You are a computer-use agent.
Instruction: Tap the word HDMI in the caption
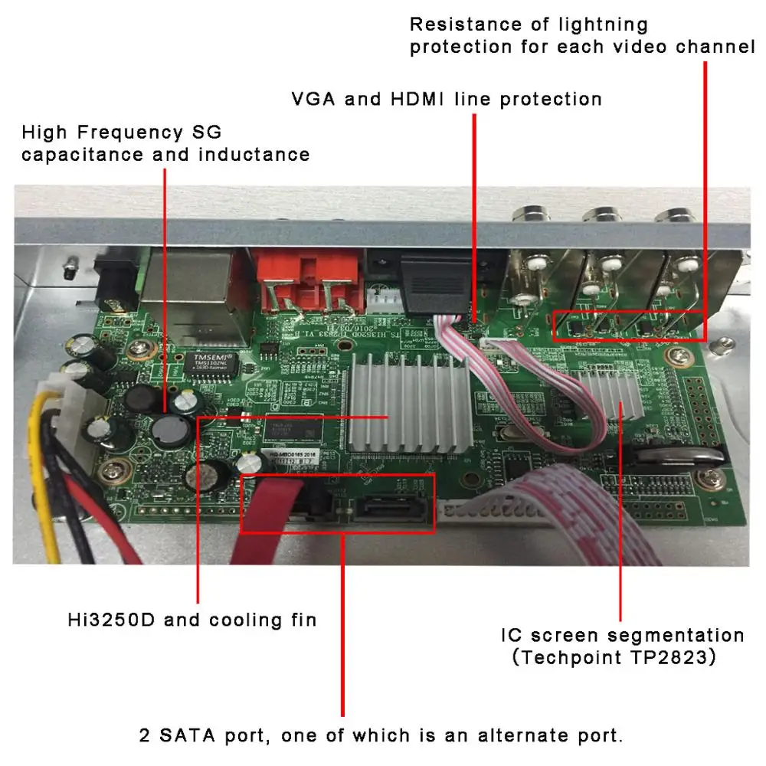pos(423,99)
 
